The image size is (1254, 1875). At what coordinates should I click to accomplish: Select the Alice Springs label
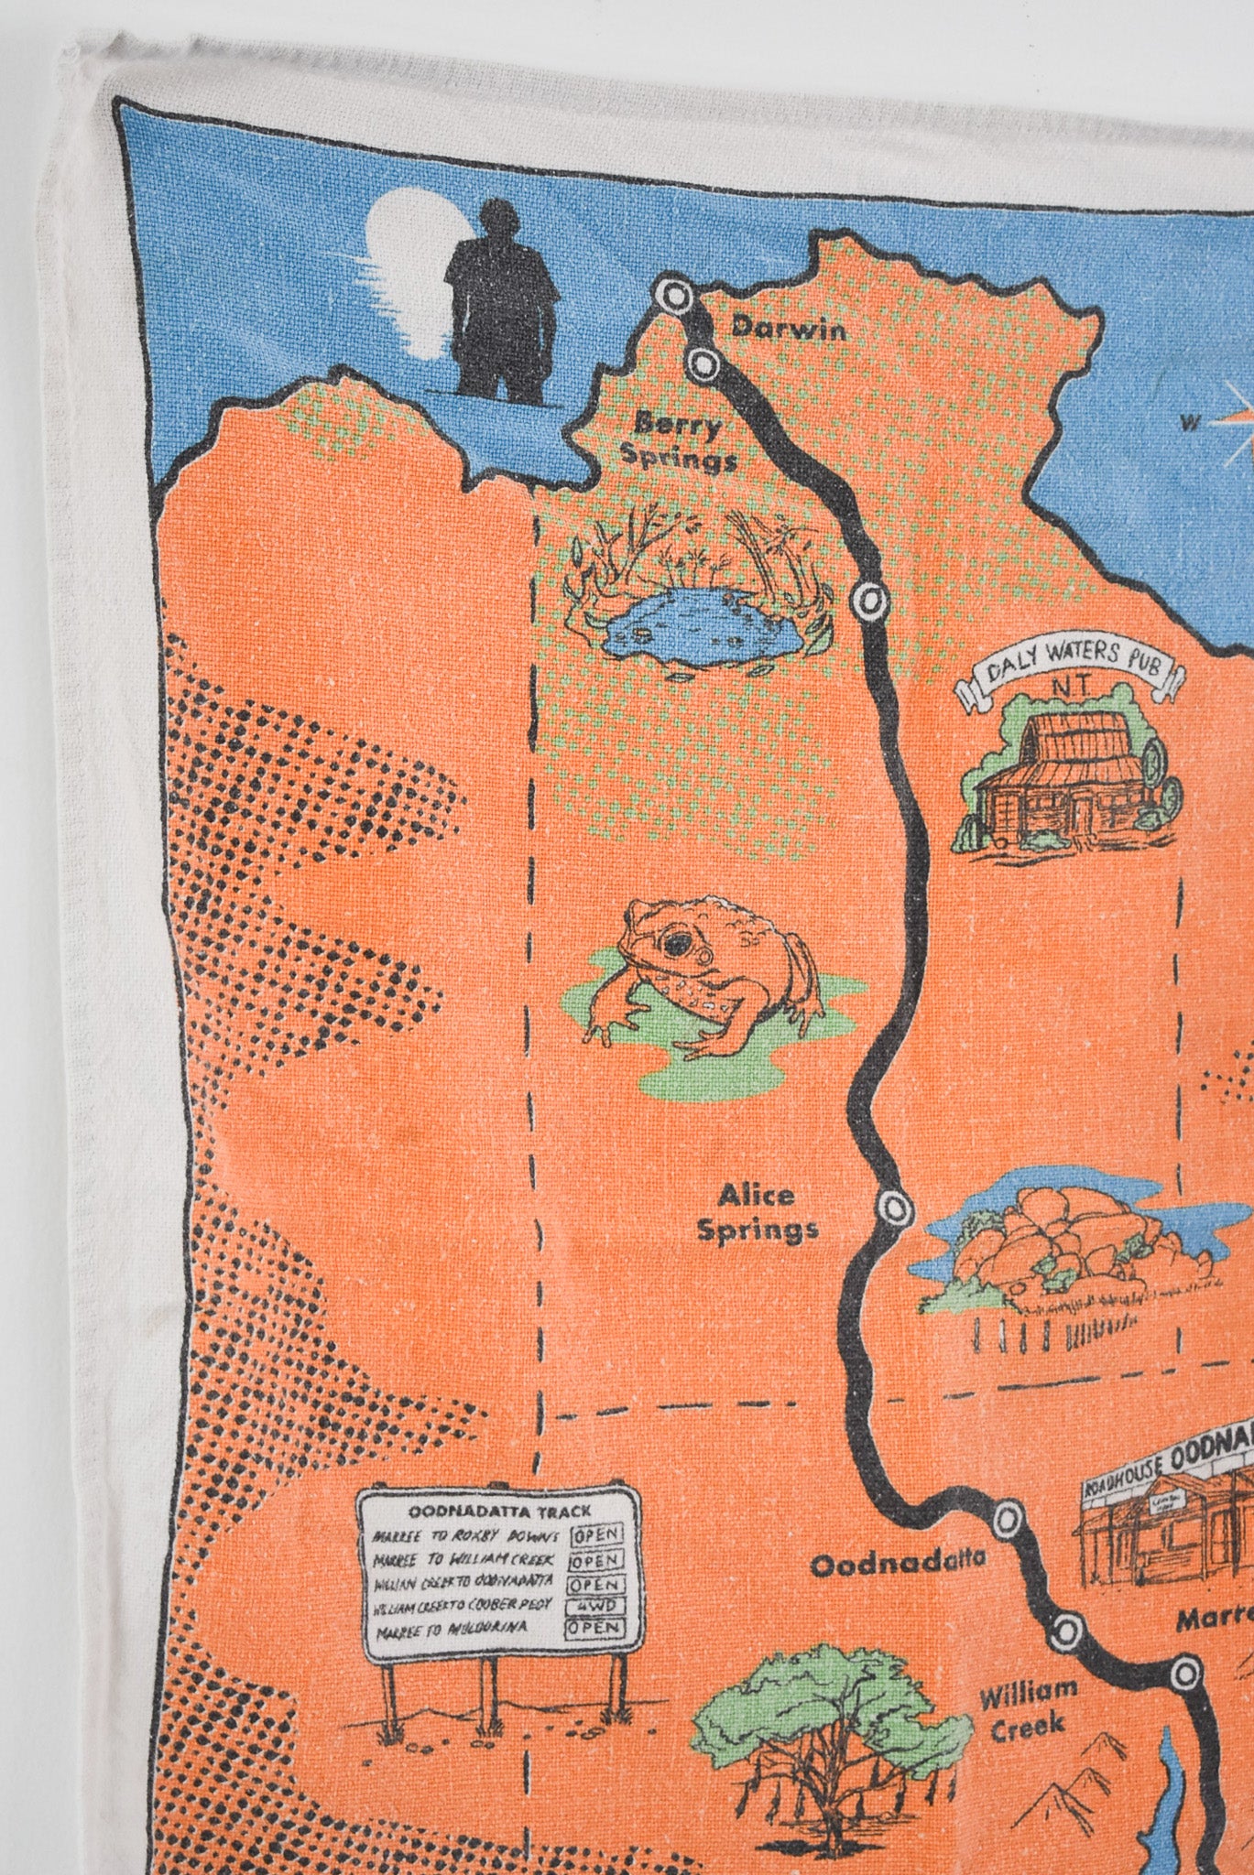(757, 1212)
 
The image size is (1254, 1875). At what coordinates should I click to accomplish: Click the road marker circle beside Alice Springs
(892, 1206)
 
